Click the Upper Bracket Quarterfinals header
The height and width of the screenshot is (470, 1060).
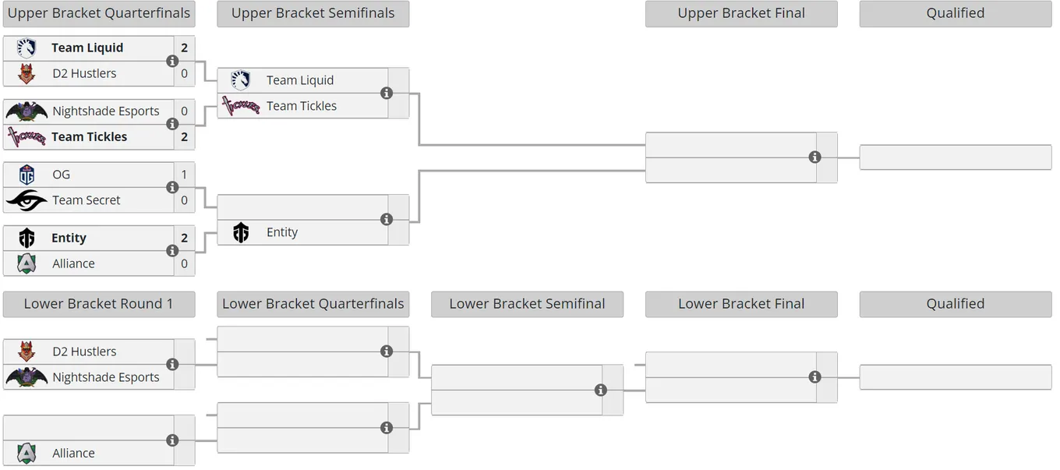coord(99,13)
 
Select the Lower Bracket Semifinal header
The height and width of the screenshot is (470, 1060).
coord(527,304)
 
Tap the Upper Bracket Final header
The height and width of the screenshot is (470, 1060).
coord(741,13)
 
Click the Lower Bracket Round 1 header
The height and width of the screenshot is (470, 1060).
coord(99,304)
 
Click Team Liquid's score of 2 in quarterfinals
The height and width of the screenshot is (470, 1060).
coord(184,48)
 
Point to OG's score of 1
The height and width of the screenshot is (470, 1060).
coord(184,175)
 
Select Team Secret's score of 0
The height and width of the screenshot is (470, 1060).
coord(184,200)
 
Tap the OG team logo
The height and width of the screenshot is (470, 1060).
coord(26,174)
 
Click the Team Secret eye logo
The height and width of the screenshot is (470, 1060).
coord(26,200)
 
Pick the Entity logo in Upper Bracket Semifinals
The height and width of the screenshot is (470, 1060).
coord(241,232)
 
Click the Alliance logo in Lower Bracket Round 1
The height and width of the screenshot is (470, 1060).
coord(26,453)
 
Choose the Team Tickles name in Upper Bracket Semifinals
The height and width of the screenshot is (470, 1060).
coord(302,106)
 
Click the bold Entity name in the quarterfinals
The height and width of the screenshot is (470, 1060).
coord(69,238)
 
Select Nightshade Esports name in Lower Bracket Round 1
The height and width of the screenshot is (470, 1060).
coord(106,377)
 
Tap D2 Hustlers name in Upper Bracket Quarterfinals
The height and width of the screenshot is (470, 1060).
coord(84,73)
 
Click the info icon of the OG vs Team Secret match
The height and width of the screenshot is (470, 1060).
coord(172,187)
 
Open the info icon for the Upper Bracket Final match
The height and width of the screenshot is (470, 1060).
coord(814,157)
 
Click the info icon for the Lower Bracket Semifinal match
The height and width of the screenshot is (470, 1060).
coord(600,390)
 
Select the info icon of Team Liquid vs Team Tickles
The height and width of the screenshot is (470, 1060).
coord(387,94)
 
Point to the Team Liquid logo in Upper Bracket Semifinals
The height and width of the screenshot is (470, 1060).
coord(240,80)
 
